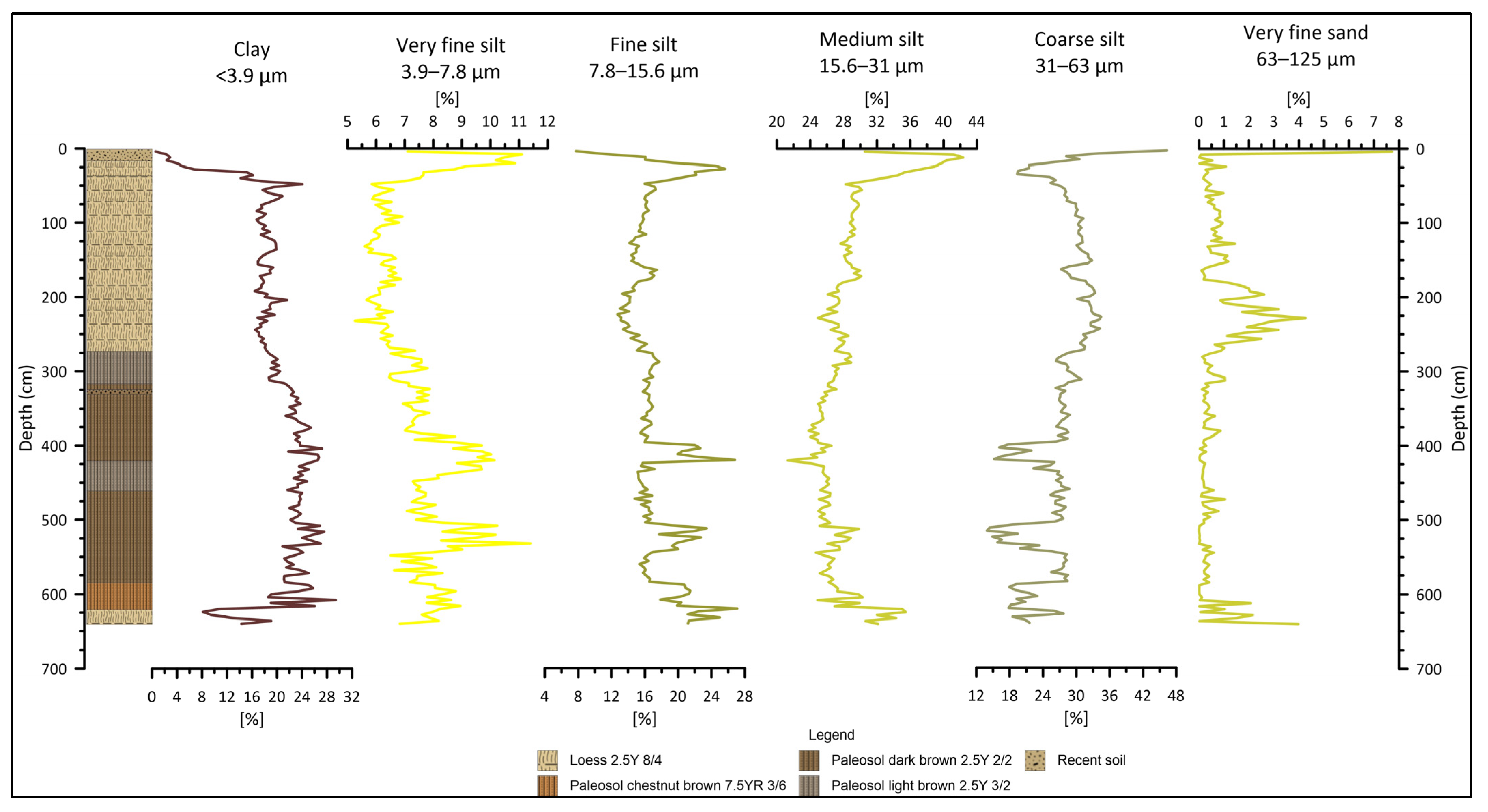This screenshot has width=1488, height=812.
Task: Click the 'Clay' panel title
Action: pyautogui.click(x=251, y=50)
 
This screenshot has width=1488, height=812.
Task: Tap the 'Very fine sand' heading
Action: pyautogui.click(x=1305, y=33)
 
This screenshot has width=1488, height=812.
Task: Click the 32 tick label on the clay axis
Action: pyautogui.click(x=351, y=697)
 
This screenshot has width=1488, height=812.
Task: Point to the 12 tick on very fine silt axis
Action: pyautogui.click(x=547, y=122)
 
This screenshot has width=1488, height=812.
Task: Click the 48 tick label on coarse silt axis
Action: pyautogui.click(x=1176, y=696)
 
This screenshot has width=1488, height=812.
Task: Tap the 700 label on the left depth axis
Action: pyautogui.click(x=54, y=669)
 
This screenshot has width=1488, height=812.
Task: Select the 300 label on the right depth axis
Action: pyautogui.click(x=1428, y=372)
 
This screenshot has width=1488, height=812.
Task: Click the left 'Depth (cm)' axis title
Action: pyautogui.click(x=25, y=408)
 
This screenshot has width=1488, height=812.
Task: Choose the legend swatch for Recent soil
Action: pyautogui.click(x=1035, y=760)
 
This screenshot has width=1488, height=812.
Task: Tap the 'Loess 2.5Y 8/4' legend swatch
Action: pyautogui.click(x=547, y=760)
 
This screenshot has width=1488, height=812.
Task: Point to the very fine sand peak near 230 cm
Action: pyautogui.click(x=1304, y=318)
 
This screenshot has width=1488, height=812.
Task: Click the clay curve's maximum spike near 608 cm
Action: pyautogui.click(x=335, y=600)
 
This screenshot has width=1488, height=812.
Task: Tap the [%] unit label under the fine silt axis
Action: pyautogui.click(x=644, y=719)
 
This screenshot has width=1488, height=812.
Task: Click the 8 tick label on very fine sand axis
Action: pyautogui.click(x=1398, y=122)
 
